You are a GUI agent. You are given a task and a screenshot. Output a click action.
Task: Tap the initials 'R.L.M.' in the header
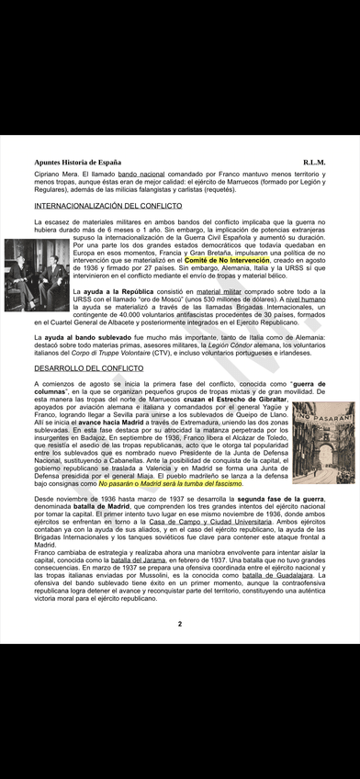point(315,162)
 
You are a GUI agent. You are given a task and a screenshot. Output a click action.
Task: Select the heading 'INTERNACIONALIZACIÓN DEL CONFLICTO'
point(107,206)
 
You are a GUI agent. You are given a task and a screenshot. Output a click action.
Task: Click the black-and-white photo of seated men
point(36,274)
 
